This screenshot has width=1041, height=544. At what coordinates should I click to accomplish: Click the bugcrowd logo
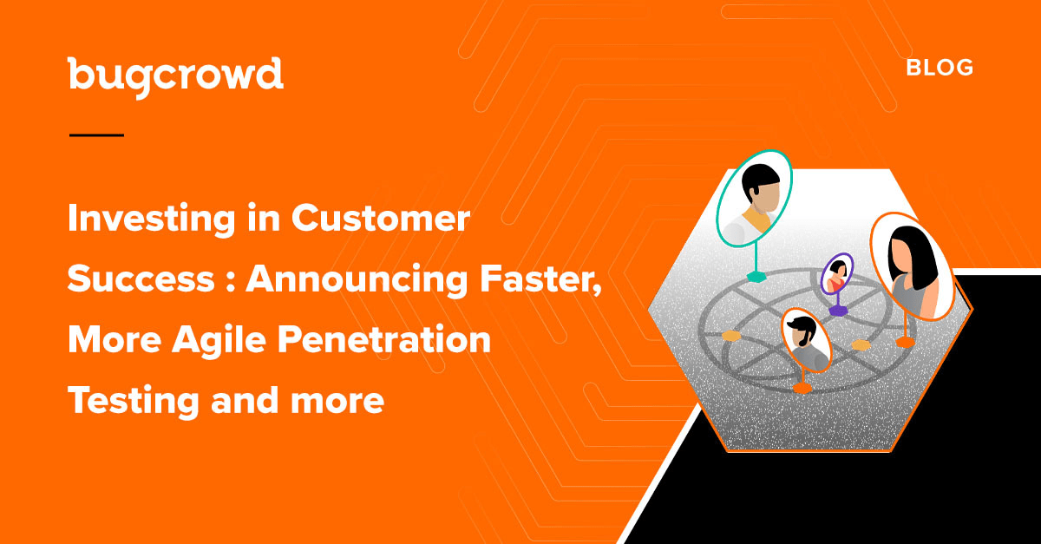(x=175, y=77)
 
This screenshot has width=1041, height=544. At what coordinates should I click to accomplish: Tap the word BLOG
(x=940, y=68)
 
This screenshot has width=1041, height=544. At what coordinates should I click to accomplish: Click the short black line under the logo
(x=96, y=135)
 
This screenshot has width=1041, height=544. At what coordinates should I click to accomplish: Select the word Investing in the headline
(x=152, y=220)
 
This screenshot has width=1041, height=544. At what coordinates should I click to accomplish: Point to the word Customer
(x=381, y=218)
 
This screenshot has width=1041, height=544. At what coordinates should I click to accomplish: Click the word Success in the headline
(x=141, y=279)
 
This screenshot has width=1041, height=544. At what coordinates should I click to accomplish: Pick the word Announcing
(x=357, y=280)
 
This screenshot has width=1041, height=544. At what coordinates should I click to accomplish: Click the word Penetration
(x=384, y=339)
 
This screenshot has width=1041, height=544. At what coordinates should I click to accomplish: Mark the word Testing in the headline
(x=134, y=402)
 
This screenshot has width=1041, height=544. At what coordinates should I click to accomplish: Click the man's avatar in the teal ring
(x=754, y=199)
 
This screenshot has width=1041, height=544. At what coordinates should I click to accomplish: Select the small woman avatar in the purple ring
(x=837, y=274)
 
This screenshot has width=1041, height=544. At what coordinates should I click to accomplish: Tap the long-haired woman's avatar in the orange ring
(x=912, y=266)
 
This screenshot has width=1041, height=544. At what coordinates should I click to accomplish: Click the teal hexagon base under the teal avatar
(x=756, y=277)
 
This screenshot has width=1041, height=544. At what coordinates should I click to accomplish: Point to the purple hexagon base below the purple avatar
(x=838, y=310)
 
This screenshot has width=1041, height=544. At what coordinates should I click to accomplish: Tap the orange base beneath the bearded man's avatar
(x=802, y=388)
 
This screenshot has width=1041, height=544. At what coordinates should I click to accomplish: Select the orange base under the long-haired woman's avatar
(x=906, y=343)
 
